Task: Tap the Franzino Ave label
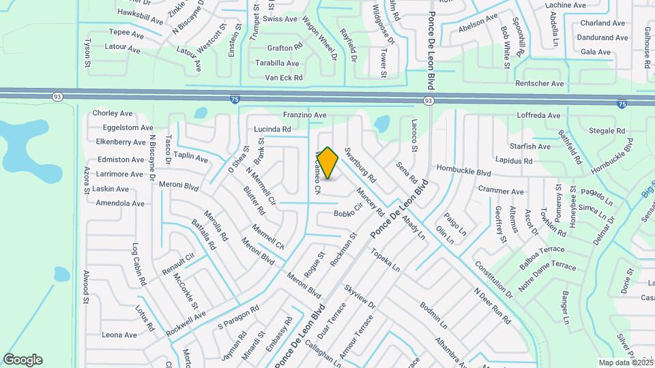305,115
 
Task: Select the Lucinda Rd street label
272,129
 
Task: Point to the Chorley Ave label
112,113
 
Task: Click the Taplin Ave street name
190,156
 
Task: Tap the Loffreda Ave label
539,115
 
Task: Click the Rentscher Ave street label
540,84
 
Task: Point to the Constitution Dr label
493,279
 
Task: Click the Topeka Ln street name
385,260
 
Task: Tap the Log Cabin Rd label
139,264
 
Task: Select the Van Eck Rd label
283,78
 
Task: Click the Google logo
23,360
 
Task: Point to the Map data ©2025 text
626,363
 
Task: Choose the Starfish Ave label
530,147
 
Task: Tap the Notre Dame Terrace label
547,277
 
